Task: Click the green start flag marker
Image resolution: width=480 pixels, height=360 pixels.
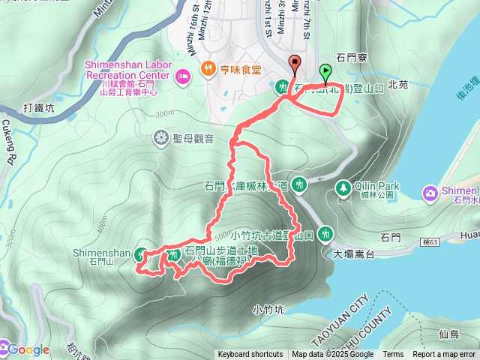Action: tap(325, 73)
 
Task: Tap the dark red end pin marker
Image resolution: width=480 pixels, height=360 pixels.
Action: tap(295, 65)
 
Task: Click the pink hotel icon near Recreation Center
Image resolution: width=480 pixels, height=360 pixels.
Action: tap(182, 76)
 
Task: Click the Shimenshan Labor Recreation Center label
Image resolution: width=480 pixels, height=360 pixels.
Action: tap(128, 70)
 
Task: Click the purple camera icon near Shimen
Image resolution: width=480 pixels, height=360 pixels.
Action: tap(430, 193)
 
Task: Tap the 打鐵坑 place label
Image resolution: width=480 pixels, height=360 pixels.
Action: tap(39, 107)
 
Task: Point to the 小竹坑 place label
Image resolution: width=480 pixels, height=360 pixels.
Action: tap(268, 308)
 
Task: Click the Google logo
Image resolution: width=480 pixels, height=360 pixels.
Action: tap(25, 349)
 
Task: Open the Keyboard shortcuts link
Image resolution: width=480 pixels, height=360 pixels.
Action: tap(250, 355)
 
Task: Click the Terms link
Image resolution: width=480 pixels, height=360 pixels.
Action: tap(393, 355)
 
